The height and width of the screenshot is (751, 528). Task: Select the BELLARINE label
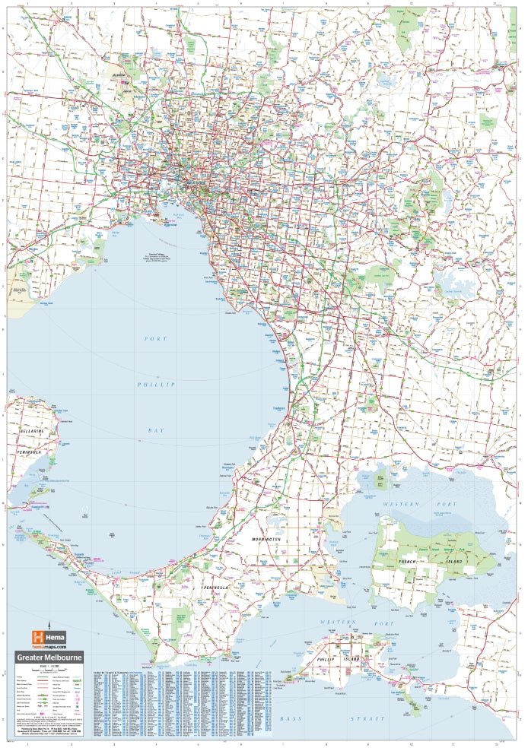click(x=27, y=431)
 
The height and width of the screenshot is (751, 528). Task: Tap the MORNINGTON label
click(x=266, y=539)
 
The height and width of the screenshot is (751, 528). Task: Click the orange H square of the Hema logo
click(x=35, y=637)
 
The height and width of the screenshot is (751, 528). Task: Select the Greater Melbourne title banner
click(x=50, y=658)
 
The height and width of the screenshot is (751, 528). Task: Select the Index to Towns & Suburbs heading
click(x=114, y=673)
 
